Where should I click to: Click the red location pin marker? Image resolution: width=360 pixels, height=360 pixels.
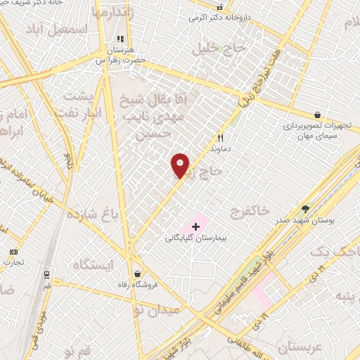pyautogui.click(x=181, y=165)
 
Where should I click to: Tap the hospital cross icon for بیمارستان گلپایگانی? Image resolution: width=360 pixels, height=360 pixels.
pyautogui.click(x=195, y=226)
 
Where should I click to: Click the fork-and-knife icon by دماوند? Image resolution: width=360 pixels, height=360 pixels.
pyautogui.click(x=220, y=139)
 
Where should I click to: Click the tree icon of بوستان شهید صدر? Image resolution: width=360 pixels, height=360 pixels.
pyautogui.click(x=305, y=209)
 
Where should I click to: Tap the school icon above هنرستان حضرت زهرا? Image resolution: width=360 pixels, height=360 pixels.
pyautogui.click(x=120, y=39)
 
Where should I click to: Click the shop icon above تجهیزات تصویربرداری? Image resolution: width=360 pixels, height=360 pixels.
pyautogui.click(x=318, y=115)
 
